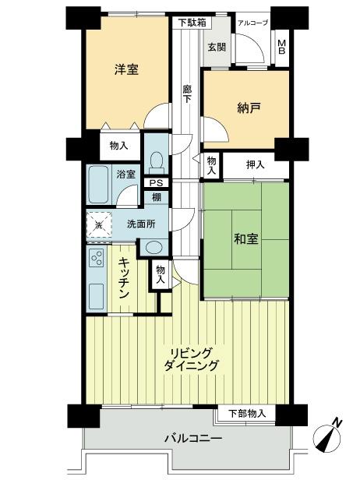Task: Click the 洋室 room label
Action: pyautogui.click(x=126, y=69)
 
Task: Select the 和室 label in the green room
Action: pyautogui.click(x=246, y=240)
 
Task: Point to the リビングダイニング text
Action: pyautogui.click(x=191, y=358)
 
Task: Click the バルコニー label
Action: pyautogui.click(x=192, y=439)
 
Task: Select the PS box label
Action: pyautogui.click(x=156, y=183)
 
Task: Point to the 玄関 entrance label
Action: pyautogui.click(x=216, y=46)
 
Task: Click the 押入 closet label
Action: pyautogui.click(x=256, y=164)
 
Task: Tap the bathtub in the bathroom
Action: pyautogui.click(x=100, y=184)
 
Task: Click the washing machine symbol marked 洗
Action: pyautogui.click(x=98, y=225)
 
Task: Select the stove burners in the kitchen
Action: pyautogui.click(x=98, y=257)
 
